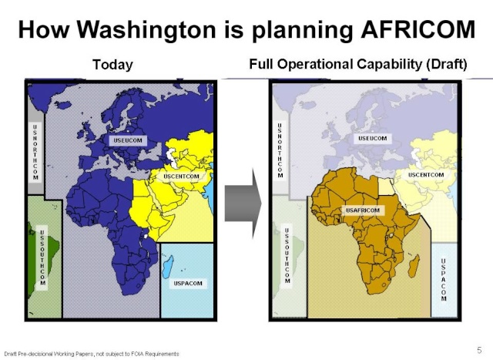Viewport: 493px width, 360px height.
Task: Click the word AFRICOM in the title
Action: [418, 29]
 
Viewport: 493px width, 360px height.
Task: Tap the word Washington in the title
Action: [146, 31]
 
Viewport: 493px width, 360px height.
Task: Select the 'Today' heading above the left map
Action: [113, 66]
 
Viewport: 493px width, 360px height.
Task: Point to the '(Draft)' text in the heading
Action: [447, 65]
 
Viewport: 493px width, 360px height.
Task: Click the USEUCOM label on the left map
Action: [128, 140]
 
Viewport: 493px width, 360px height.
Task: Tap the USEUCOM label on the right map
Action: [373, 139]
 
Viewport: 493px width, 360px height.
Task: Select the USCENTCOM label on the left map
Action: [182, 177]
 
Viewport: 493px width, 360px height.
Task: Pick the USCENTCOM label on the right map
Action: [426, 175]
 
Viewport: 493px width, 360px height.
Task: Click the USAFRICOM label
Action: [363, 210]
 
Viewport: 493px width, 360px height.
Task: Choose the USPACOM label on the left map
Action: [188, 283]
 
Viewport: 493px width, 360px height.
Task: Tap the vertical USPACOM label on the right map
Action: [444, 280]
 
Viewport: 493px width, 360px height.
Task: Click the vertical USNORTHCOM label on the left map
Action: [35, 153]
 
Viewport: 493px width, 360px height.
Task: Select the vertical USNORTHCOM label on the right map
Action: [280, 150]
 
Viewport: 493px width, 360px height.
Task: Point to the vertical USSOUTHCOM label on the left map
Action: [42, 257]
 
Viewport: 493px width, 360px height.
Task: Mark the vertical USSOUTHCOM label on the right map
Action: [287, 255]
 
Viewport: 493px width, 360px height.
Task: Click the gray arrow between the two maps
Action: [243, 204]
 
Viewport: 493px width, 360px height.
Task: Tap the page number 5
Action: [479, 350]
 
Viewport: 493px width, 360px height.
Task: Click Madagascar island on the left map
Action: [168, 266]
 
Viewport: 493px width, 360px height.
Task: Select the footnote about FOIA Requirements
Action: [92, 354]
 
